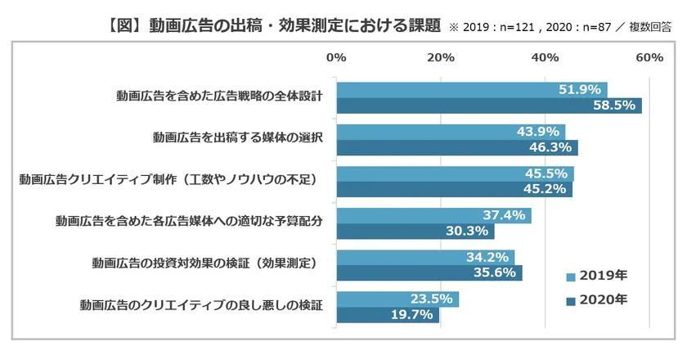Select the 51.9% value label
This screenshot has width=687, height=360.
tap(581, 89)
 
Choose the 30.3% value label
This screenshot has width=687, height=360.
tap(467, 232)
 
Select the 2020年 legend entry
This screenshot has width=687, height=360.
tap(597, 300)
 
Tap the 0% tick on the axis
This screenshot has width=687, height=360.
tap(335, 57)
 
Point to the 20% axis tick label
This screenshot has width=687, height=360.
tap(440, 57)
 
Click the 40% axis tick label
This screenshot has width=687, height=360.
tap(545, 57)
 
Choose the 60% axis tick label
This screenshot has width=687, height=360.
tap(649, 57)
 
